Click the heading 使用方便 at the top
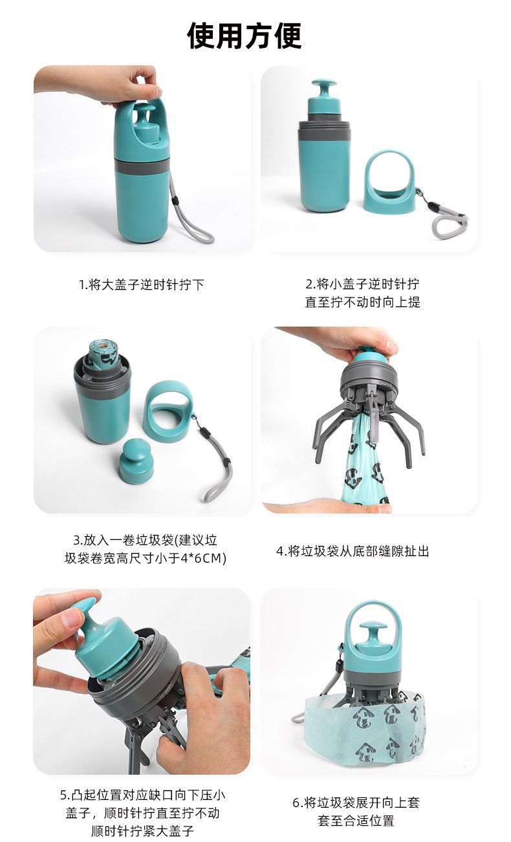(245, 36)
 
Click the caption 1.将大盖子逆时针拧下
(142, 285)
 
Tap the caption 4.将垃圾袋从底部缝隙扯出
(353, 551)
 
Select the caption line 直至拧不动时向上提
(362, 302)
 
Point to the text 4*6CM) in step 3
(203, 558)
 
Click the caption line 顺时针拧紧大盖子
(142, 831)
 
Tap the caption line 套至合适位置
(356, 821)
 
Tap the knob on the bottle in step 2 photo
(324, 96)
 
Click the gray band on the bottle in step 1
(142, 166)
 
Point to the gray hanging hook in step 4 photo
(373, 416)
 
